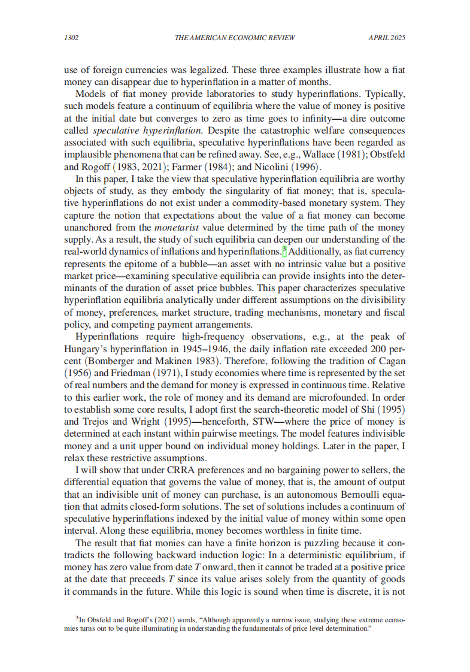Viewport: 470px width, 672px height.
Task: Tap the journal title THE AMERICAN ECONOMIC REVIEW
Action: click(x=234, y=38)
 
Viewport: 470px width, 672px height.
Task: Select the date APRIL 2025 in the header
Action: click(x=387, y=38)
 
